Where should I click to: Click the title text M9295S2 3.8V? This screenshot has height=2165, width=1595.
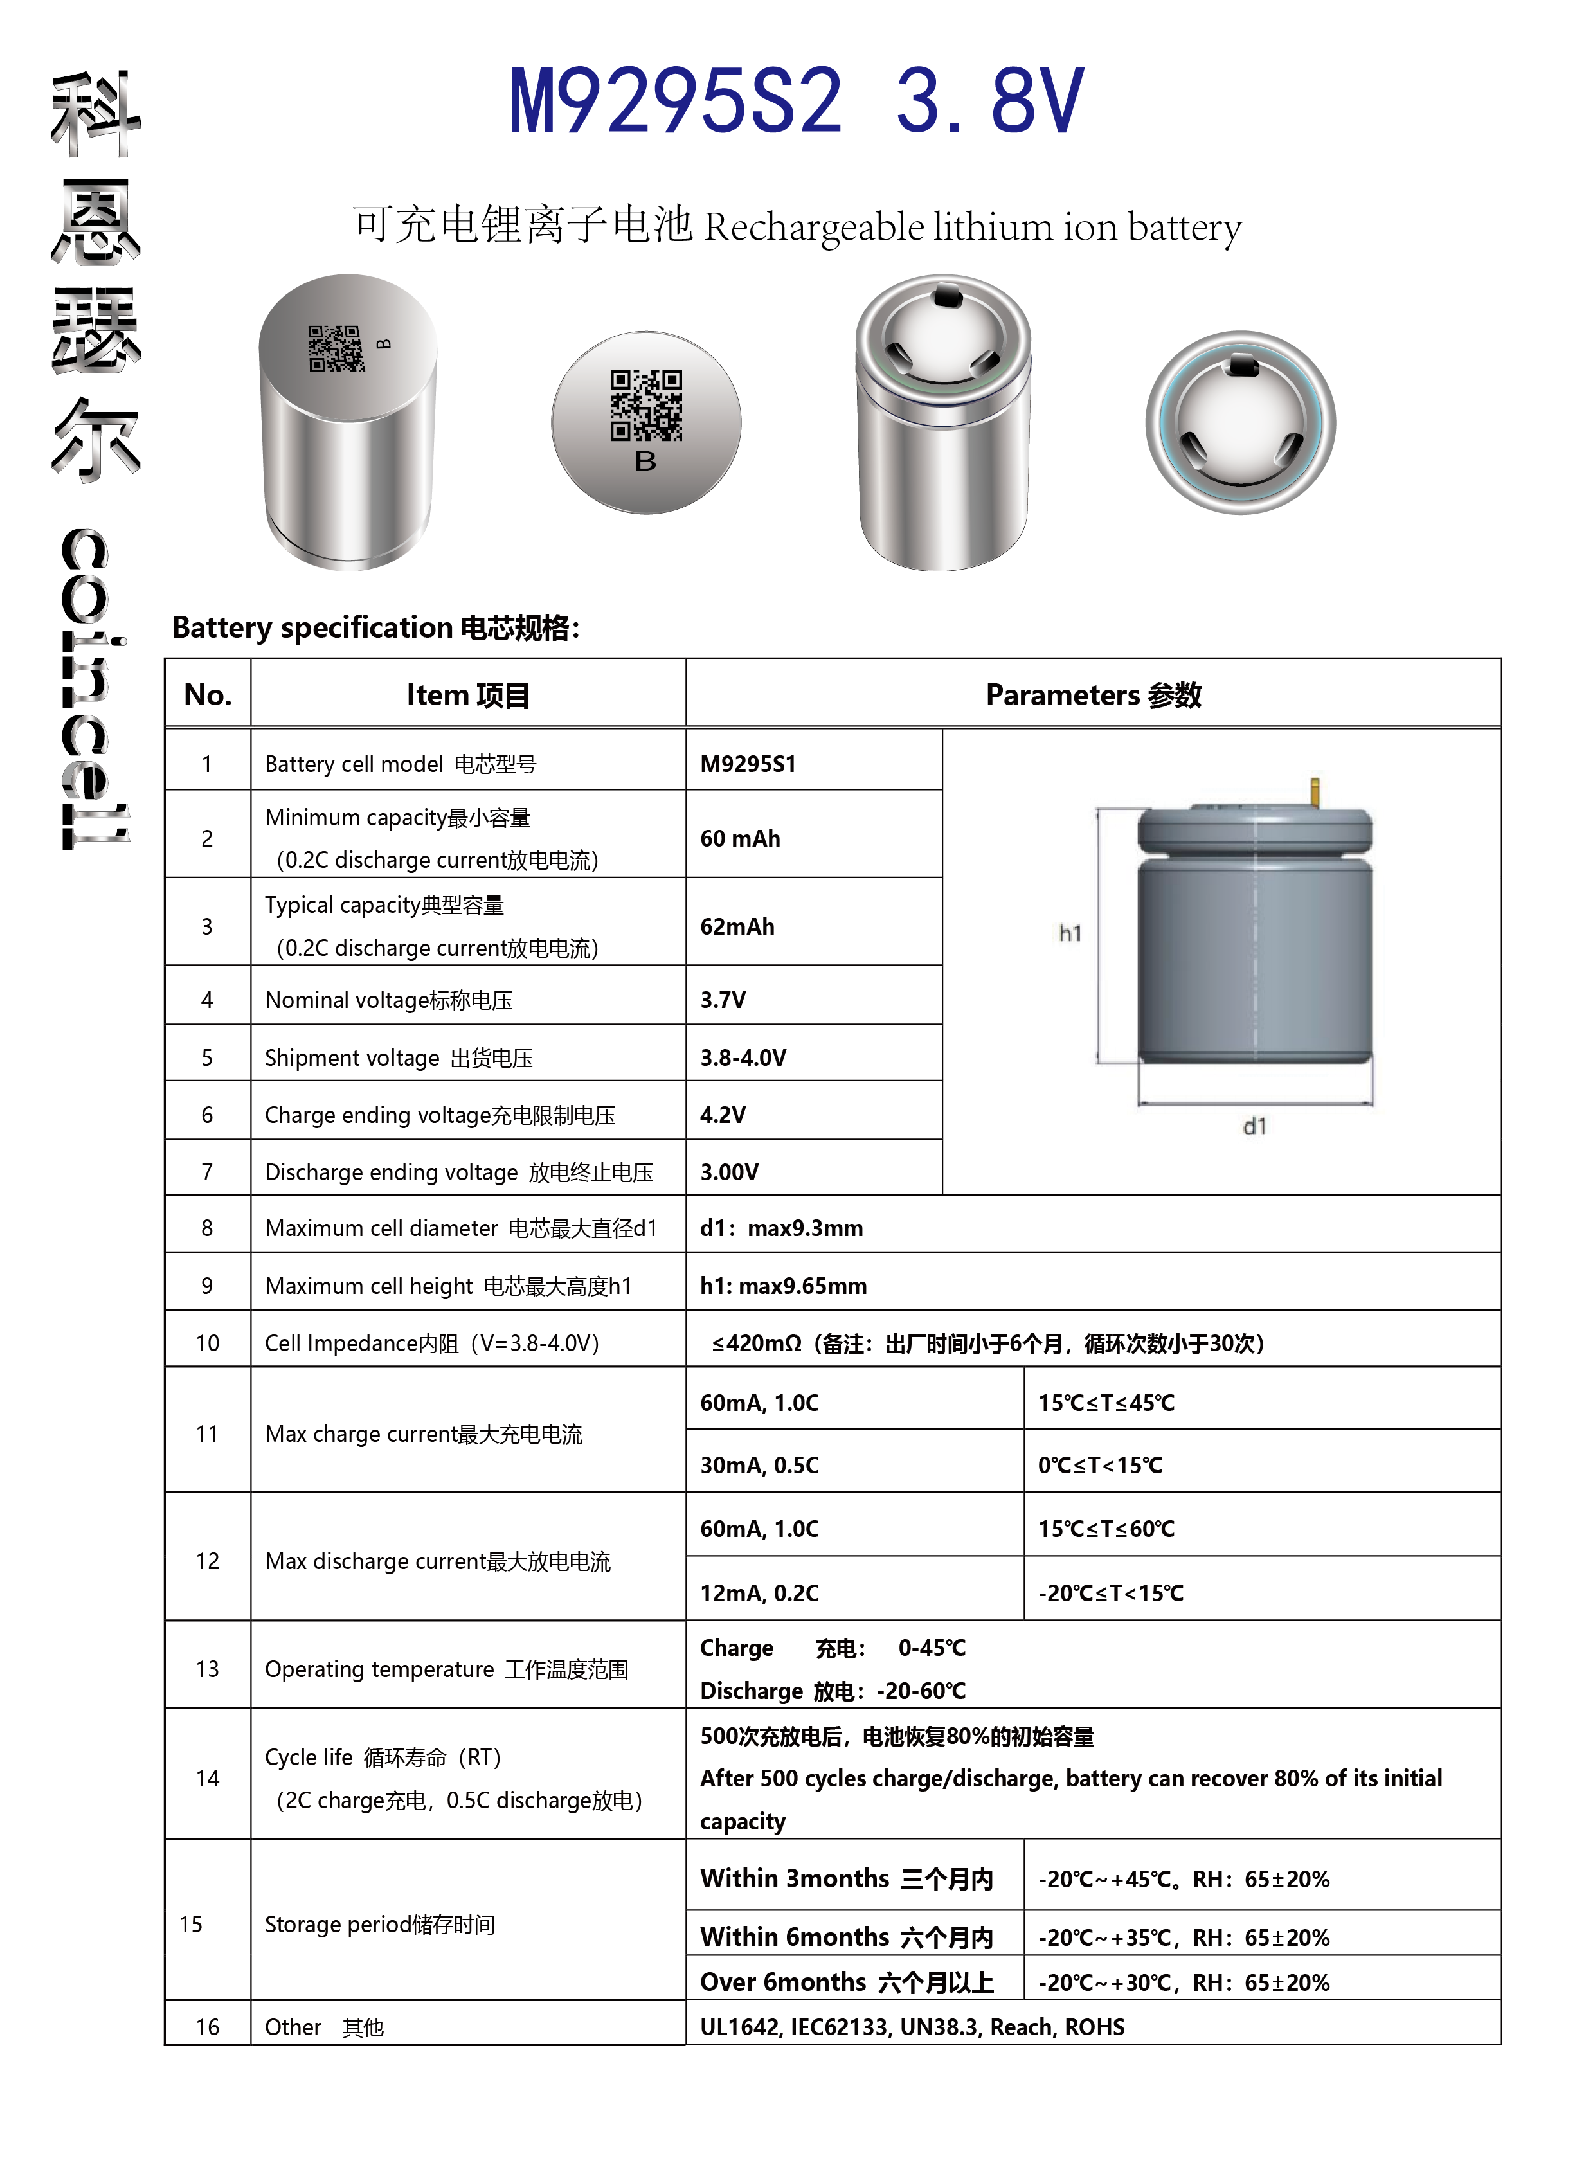pos(797,102)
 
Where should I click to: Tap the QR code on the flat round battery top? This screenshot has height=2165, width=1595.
pos(646,406)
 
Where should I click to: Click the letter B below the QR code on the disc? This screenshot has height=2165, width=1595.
pos(646,462)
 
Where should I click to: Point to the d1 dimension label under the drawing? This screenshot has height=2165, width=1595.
pos(1255,1126)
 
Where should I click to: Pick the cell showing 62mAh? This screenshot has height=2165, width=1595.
pos(737,926)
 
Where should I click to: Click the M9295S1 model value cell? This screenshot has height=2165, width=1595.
pos(748,764)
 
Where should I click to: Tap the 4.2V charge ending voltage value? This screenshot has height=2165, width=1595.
pos(723,1115)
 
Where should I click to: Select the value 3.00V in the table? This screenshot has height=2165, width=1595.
pos(729,1172)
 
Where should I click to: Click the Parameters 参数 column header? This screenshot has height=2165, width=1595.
pos(1093,695)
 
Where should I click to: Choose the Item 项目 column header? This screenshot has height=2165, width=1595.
pos(468,695)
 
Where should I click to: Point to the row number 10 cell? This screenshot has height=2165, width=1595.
pos(208,1343)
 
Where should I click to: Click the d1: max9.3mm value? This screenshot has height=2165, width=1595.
pos(782,1228)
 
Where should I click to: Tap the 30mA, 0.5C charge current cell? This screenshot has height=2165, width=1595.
pos(760,1465)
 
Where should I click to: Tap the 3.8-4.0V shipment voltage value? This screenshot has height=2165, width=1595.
pos(743,1058)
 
